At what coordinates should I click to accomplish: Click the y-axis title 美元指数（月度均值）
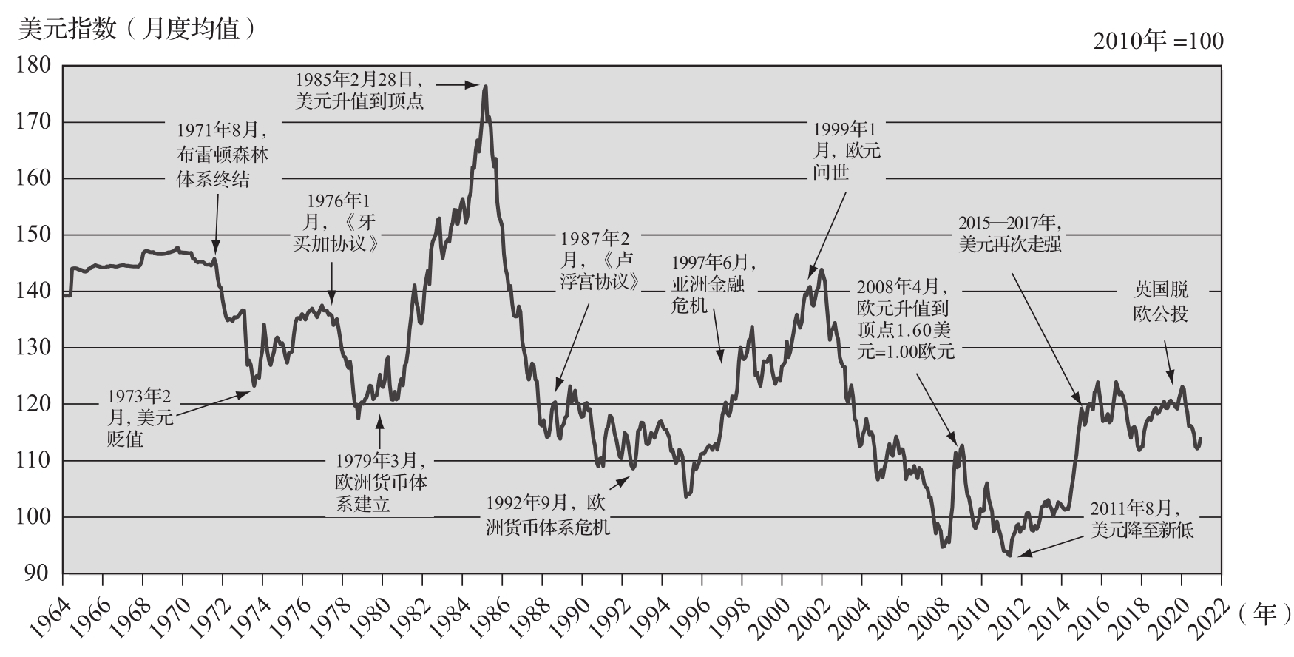coord(138,29)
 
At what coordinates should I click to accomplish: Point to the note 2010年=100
coord(1158,41)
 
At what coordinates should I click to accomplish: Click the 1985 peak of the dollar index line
coord(484,87)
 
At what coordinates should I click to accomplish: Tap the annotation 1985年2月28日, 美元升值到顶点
coord(359,90)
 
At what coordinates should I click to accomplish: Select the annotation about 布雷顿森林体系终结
coord(222,155)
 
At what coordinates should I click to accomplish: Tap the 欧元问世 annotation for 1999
coord(847,151)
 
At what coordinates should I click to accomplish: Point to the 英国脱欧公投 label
coord(1162,302)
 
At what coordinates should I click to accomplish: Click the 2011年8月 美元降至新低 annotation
coord(1142,519)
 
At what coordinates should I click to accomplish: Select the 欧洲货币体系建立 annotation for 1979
coord(380,482)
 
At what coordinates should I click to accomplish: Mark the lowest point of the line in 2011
coord(1009,555)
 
